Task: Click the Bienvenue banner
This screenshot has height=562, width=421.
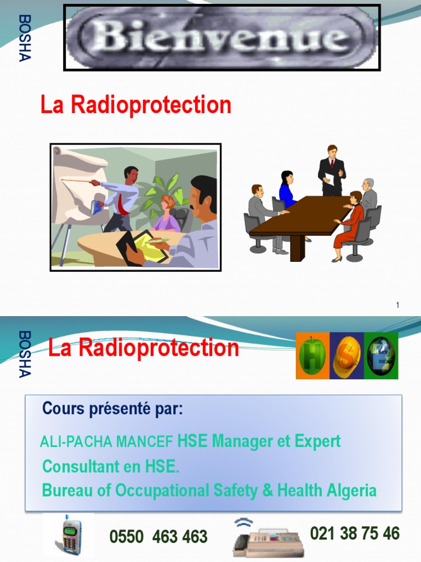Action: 222,37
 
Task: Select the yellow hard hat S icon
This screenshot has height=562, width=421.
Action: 347,356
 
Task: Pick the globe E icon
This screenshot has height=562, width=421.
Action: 381,356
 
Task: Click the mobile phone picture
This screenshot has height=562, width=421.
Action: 71,535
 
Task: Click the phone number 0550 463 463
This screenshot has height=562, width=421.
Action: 158,536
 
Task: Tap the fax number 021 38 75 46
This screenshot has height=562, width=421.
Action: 355,533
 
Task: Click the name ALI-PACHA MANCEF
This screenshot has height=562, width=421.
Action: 107,442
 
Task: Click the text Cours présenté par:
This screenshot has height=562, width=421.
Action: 113,409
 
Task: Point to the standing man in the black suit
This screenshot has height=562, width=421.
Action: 332,170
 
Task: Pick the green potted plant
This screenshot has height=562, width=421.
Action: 156,195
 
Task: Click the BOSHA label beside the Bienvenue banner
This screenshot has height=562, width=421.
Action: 25,38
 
